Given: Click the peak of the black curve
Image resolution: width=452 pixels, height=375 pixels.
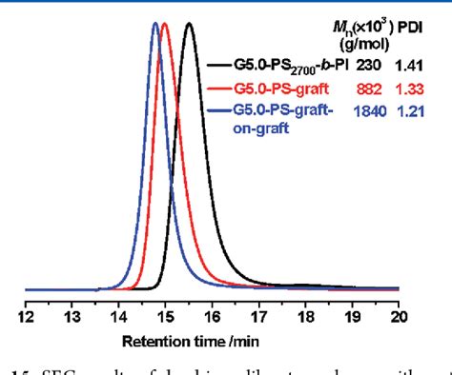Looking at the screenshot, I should [189, 24].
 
